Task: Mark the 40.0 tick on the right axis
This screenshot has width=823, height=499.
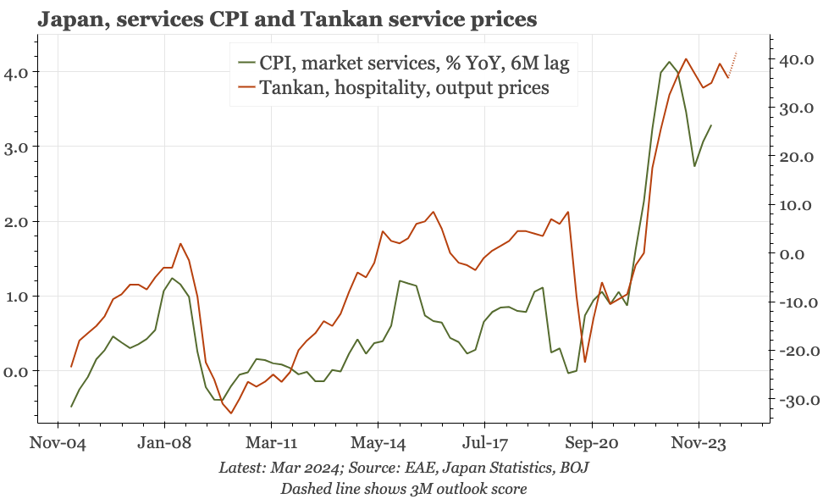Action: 796,60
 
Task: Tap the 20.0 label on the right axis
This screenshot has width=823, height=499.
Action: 796,157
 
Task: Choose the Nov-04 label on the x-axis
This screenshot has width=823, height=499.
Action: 57,442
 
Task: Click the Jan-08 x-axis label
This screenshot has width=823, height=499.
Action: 163,442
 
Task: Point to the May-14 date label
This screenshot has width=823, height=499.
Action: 378,442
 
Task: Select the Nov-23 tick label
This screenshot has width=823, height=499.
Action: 699,442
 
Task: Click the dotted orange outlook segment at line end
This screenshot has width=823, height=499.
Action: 733,64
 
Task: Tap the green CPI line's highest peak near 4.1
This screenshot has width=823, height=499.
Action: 670,62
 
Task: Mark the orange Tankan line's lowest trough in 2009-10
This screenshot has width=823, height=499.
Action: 230,413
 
